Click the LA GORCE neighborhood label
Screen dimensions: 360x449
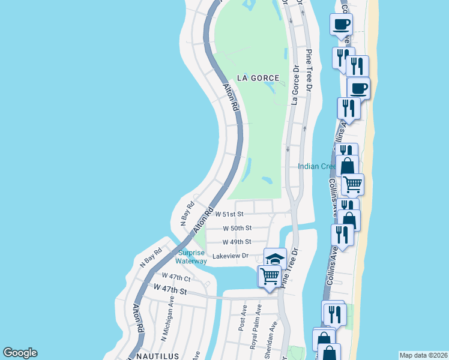[258, 78]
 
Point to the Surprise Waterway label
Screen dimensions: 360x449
[191, 257]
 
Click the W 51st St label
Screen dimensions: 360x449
[230, 214]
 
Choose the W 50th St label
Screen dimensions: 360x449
[237, 229]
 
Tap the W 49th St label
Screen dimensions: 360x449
[237, 242]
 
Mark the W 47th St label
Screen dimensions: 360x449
[170, 290]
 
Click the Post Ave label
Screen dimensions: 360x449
[243, 318]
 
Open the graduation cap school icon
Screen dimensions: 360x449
[275, 259]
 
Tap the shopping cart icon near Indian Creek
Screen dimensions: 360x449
[352, 184]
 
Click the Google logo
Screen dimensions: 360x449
[20, 353]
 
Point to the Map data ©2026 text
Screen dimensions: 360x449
[423, 355]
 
